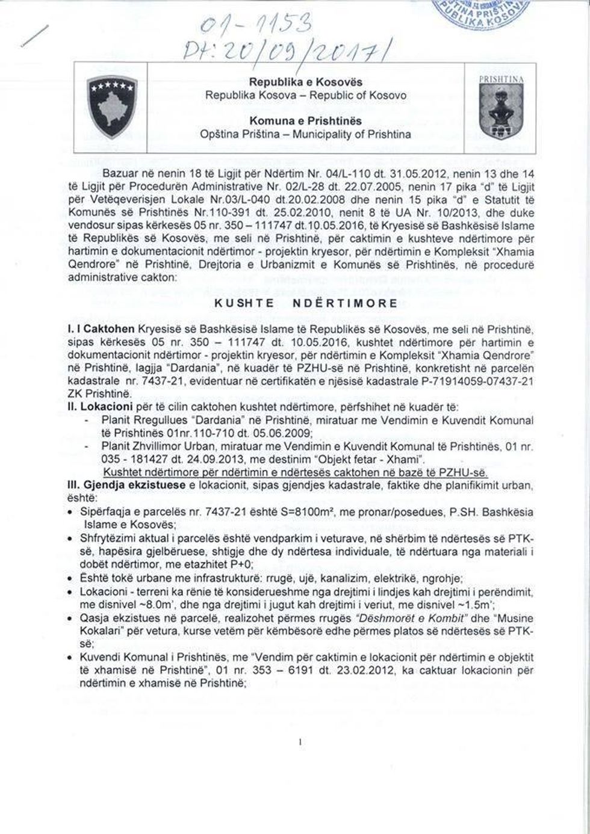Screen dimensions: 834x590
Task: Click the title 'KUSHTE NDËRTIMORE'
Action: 306,303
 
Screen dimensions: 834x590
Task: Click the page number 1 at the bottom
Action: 299,743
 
